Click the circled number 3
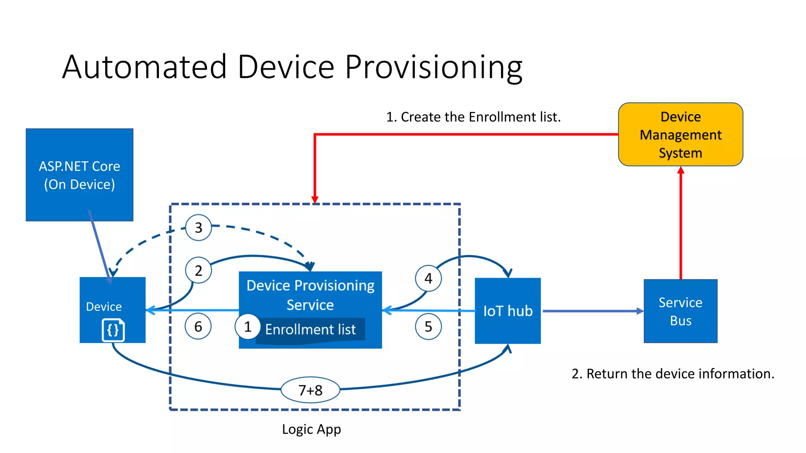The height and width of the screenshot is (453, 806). [x=198, y=228]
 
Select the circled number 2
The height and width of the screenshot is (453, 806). [x=198, y=271]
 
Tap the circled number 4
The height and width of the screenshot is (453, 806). [x=428, y=278]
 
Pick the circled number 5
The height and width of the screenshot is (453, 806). [x=428, y=326]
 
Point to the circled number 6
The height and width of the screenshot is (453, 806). [x=198, y=326]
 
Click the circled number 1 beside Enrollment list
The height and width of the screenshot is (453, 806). [x=248, y=326]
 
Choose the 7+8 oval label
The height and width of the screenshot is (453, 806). [x=310, y=390]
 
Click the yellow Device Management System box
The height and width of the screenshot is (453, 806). [x=680, y=134]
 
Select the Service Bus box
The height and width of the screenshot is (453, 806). [x=680, y=311]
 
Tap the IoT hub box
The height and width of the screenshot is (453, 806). [x=508, y=311]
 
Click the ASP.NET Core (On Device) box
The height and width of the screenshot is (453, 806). [x=79, y=175]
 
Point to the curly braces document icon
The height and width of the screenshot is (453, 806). [x=113, y=330]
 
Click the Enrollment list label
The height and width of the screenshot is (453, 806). [x=310, y=329]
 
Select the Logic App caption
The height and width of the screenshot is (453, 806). [x=311, y=429]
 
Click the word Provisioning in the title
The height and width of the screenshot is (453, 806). [x=434, y=67]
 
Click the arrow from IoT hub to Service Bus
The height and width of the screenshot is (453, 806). [x=592, y=311]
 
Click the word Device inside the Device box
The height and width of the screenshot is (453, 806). [x=104, y=306]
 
